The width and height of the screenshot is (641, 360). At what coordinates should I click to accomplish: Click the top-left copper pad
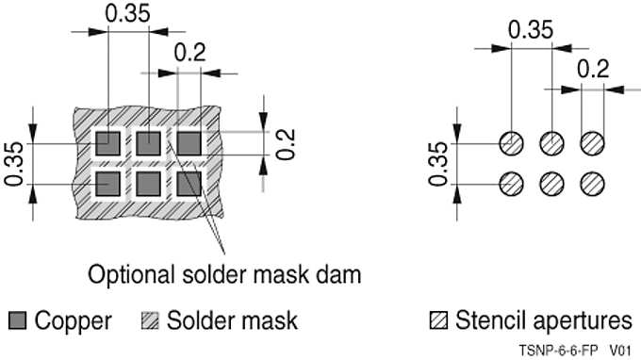(x=108, y=144)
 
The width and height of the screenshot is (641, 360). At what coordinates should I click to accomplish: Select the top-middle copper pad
(x=149, y=144)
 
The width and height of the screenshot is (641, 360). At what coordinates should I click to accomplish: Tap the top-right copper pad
(x=189, y=144)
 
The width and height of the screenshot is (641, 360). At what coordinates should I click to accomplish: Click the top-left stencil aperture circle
(x=510, y=144)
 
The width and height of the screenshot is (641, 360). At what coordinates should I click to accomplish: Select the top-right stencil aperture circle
(x=592, y=144)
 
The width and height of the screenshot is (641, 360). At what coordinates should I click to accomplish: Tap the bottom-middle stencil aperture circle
(x=551, y=181)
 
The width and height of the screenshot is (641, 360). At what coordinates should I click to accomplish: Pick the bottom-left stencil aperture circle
(x=510, y=181)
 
